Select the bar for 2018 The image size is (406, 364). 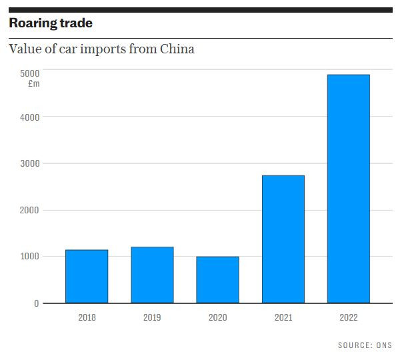pyautogui.click(x=87, y=277)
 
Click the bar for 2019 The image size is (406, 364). pyautogui.click(x=152, y=275)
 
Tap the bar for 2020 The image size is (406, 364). pyautogui.click(x=217, y=280)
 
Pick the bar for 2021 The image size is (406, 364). pyautogui.click(x=283, y=239)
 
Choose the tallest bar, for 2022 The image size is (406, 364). pyautogui.click(x=348, y=189)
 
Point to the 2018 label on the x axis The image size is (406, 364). pyautogui.click(x=87, y=318)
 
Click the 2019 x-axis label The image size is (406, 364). pyautogui.click(x=152, y=318)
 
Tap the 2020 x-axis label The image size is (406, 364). pyautogui.click(x=217, y=318)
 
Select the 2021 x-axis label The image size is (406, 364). pyautogui.click(x=283, y=318)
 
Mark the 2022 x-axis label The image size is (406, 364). pyautogui.click(x=348, y=318)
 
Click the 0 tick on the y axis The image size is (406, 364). pyautogui.click(x=37, y=303)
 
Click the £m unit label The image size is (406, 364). pyautogui.click(x=34, y=83)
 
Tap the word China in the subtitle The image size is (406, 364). pyautogui.click(x=177, y=49)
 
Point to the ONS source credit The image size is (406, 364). pyautogui.click(x=384, y=345)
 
